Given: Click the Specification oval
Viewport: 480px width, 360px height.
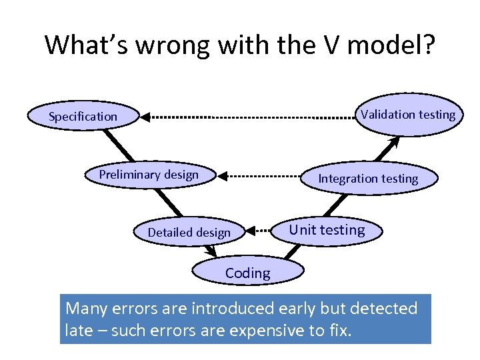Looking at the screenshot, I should point(83,117).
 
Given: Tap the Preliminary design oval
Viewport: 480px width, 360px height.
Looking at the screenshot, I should point(149,175).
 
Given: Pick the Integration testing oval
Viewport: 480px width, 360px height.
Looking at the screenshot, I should point(368,179).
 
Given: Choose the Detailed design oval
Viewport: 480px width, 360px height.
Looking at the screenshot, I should point(189,233).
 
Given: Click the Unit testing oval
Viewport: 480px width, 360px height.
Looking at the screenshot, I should point(327,231).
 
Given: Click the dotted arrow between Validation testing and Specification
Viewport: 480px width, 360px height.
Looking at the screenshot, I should point(250,117).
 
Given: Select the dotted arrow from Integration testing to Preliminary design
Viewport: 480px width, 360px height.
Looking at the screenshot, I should point(260,177).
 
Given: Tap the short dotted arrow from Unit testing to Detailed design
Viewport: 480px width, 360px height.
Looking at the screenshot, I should point(262,231).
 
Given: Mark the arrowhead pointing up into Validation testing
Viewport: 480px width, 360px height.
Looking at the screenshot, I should point(395,141).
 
